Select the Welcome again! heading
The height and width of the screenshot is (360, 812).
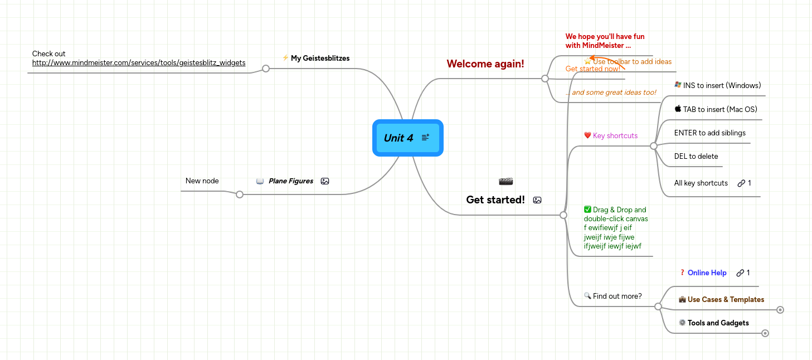coord(485,64)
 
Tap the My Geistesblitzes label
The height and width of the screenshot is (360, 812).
coord(320,58)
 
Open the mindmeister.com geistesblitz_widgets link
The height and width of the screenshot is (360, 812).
coord(139,63)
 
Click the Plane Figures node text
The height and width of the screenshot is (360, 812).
coord(290,181)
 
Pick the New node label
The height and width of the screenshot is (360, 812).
coord(202,181)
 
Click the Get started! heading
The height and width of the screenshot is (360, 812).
coord(495,200)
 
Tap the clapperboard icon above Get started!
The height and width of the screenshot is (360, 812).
coord(506,181)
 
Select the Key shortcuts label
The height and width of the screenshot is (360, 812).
coord(615,135)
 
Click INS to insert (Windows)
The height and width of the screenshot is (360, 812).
coord(722,85)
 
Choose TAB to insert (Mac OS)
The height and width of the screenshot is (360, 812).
coord(719,109)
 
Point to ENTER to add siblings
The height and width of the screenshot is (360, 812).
coord(709,133)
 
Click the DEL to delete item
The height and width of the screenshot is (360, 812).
coord(696,156)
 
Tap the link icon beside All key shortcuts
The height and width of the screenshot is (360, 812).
coord(741,183)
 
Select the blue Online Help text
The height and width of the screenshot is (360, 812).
coord(707,273)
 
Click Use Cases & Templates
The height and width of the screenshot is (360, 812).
coord(726,299)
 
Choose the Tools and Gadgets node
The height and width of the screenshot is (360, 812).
coord(718,323)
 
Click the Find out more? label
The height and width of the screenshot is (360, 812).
coord(617,296)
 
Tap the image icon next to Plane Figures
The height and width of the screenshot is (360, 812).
coord(325,181)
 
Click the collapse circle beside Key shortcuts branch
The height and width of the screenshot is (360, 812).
coord(654,146)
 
